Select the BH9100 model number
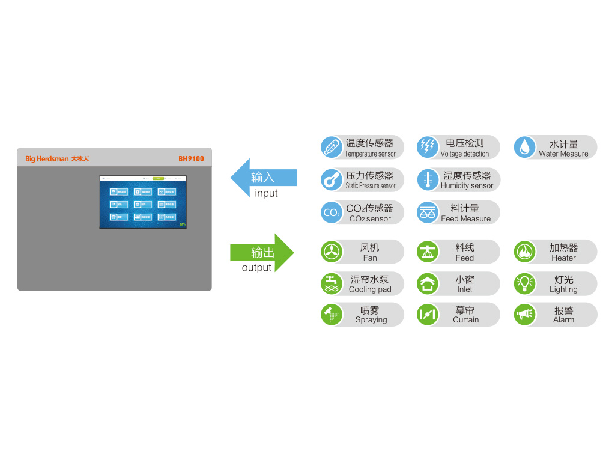pos(191,159)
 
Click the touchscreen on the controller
pos(143,202)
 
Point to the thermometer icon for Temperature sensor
pos(331,148)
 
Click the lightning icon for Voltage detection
pos(428,148)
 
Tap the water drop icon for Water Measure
pos(525,148)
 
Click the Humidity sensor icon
pos(428,180)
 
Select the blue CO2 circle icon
pos(331,212)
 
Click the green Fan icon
pos(331,252)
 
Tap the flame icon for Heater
pos(525,252)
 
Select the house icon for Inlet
pos(428,283)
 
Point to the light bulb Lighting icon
pos(525,283)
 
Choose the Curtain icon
pos(428,315)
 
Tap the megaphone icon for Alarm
pos(525,315)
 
